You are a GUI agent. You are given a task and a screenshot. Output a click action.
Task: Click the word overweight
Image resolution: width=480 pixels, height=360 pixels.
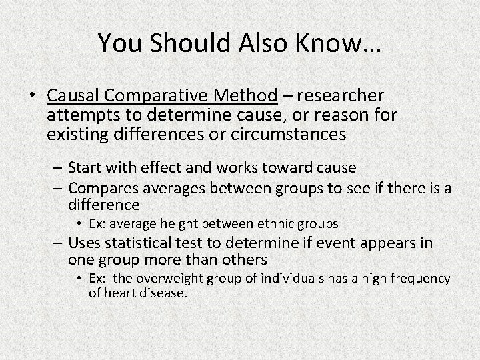point(175,279)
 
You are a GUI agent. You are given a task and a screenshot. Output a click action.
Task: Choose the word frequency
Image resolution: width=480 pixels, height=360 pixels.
point(422,279)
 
